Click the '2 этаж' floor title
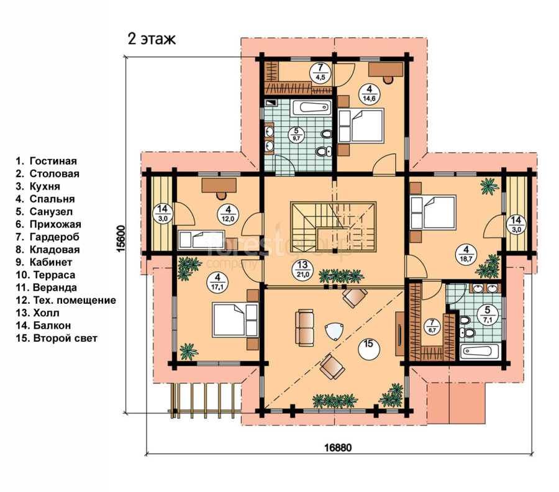click(x=152, y=39)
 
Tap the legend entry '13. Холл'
click(x=37, y=313)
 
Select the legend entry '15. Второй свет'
click(x=57, y=339)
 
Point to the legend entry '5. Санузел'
click(x=44, y=212)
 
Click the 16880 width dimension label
click(x=338, y=447)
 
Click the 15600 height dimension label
click(x=122, y=239)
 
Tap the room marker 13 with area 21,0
click(x=302, y=270)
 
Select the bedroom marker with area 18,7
click(x=466, y=253)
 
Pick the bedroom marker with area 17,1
click(x=217, y=282)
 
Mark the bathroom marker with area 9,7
click(x=296, y=135)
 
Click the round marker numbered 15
click(x=368, y=348)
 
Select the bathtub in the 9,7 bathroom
click(x=312, y=107)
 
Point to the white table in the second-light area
click(x=335, y=331)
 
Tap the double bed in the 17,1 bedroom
click(x=235, y=320)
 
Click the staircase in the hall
click(x=334, y=227)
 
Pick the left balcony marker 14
click(x=163, y=214)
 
